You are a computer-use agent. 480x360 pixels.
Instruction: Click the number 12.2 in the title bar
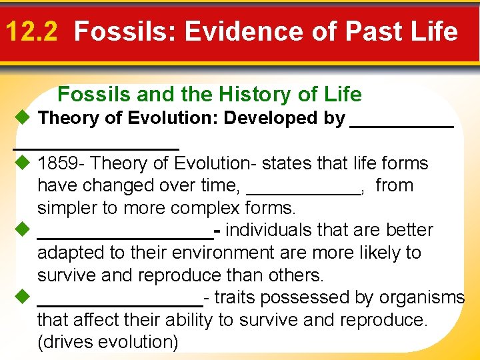click(x=31, y=31)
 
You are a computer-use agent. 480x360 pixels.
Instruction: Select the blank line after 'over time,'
click(x=303, y=191)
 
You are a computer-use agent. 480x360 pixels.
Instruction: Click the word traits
click(x=231, y=298)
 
